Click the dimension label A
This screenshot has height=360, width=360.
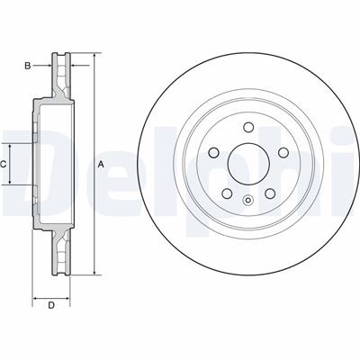[x=102, y=164]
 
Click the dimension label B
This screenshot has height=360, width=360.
[x=28, y=66]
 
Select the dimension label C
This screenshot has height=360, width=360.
[x=3, y=164]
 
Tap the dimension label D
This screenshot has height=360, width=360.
[x=51, y=305]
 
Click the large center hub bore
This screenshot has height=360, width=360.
[x=248, y=164]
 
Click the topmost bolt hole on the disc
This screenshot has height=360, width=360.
[x=248, y=127]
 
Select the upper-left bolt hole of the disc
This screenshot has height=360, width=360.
[x=213, y=153]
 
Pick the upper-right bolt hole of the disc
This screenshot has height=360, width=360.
[x=283, y=152]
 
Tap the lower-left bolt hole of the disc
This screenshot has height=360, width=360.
[x=227, y=193]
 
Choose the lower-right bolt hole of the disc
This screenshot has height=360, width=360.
[x=270, y=193]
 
